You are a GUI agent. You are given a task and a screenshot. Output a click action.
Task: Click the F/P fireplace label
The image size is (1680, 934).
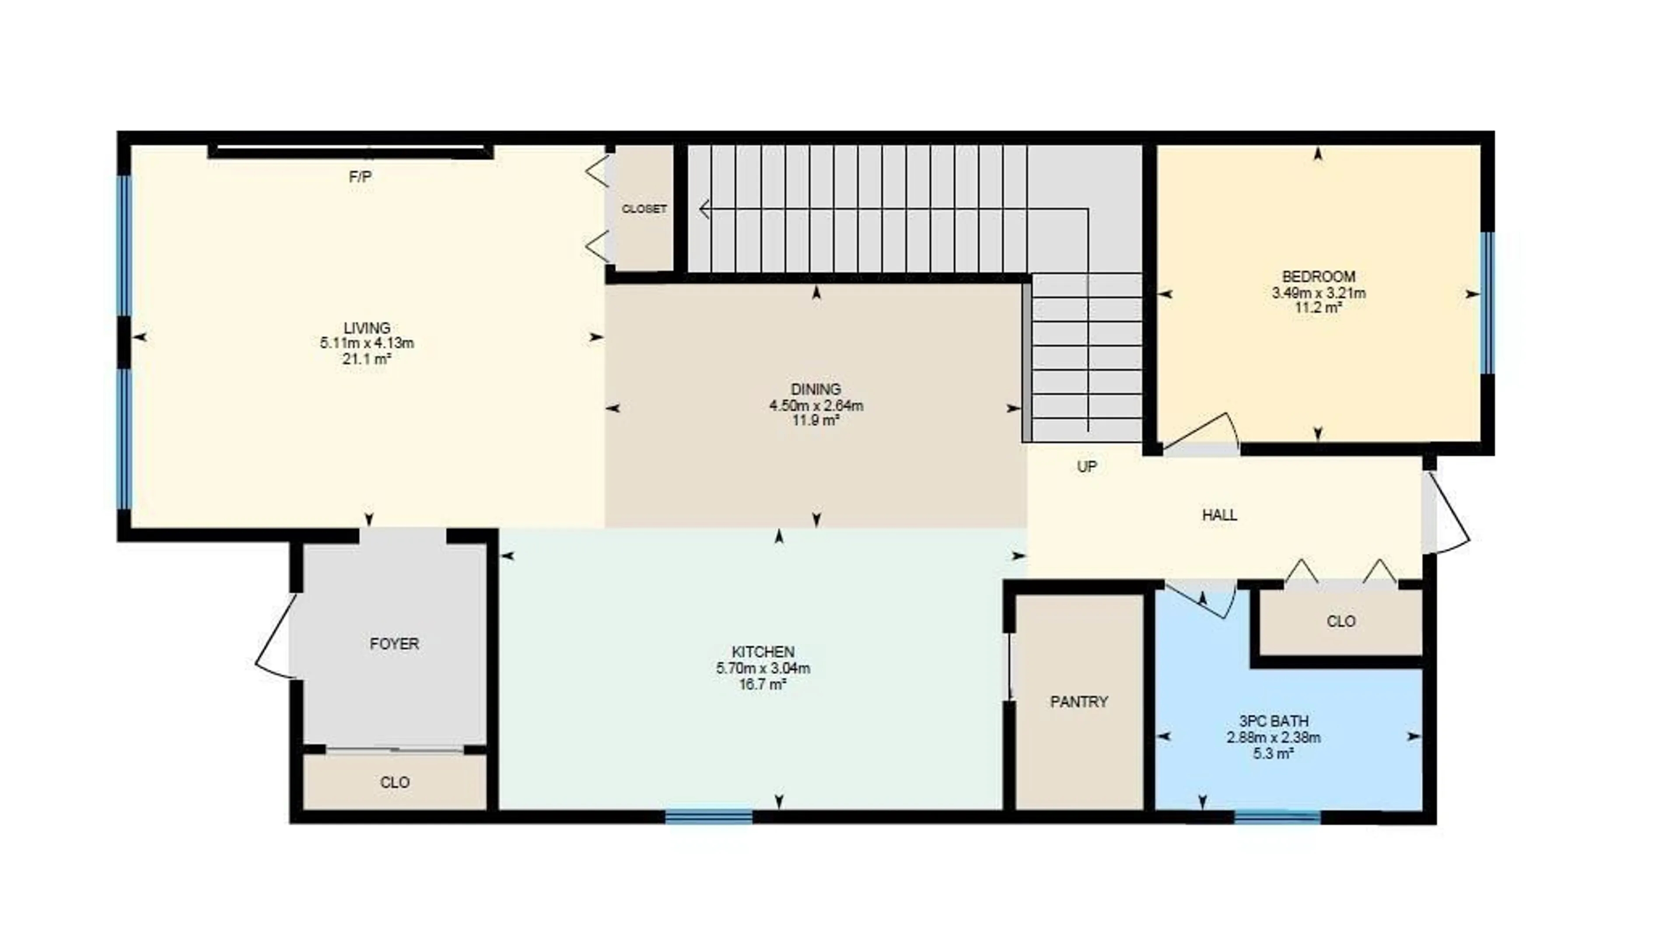[360, 177]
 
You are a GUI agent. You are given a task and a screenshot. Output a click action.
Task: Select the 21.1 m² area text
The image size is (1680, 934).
[367, 359]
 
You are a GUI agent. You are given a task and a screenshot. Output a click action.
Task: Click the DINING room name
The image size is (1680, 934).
[816, 389]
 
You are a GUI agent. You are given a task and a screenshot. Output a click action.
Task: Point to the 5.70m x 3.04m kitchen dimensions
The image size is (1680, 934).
[763, 668]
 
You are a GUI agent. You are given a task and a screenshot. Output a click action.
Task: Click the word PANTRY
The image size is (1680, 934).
[1079, 702]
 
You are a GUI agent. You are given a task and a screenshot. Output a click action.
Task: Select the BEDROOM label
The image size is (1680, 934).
[1318, 276]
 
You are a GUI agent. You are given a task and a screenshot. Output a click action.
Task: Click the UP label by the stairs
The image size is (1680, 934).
[1086, 466]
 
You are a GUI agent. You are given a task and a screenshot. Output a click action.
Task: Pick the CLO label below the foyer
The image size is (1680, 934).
[395, 782]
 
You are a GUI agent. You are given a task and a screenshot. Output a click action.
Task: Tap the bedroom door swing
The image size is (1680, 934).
[1203, 430]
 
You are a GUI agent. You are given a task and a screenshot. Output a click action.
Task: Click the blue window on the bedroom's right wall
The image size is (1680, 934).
[1487, 303]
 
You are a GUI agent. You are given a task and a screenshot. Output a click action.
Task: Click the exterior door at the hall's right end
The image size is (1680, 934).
[1449, 515]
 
